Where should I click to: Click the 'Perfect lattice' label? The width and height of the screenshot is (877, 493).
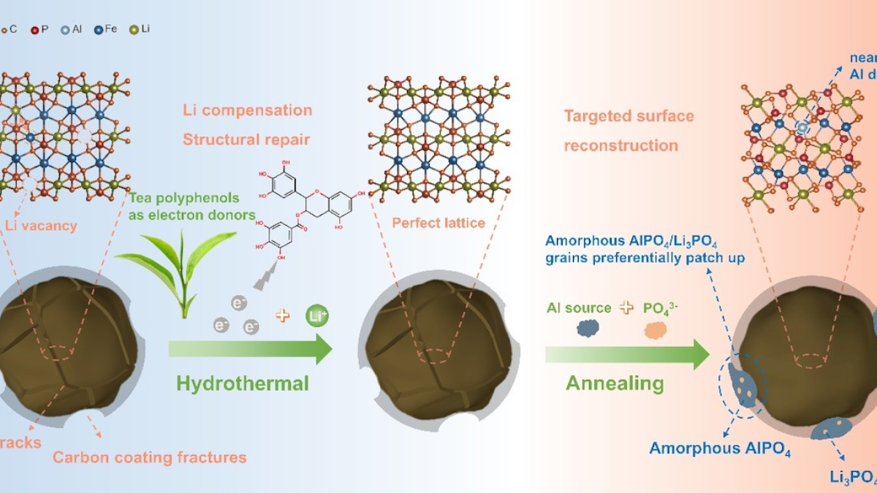click(438, 223)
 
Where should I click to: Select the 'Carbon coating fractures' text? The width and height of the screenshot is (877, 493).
click(150, 458)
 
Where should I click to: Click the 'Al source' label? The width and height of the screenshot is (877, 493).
click(579, 307)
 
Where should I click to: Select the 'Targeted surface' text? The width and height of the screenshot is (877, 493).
click(629, 116)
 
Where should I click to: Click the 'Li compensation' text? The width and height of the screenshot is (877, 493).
click(248, 111)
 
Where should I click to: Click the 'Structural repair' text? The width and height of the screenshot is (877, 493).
click(247, 140)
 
